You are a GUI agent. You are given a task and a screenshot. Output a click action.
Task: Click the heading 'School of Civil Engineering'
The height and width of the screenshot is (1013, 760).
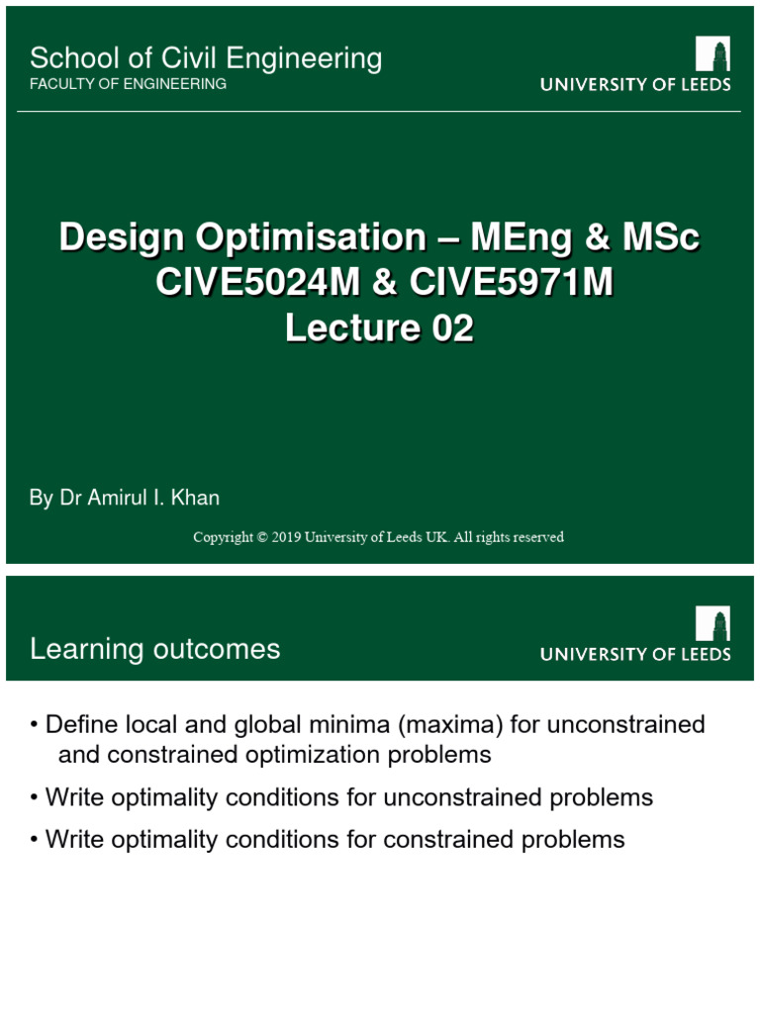[x=206, y=58]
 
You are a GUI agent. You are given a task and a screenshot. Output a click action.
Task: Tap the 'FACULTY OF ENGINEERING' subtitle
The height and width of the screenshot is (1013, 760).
[x=129, y=84]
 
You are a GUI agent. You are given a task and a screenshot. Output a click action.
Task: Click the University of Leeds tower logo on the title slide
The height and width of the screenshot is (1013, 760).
[x=712, y=55]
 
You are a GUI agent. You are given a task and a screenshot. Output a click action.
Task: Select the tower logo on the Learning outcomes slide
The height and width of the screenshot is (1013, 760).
[x=712, y=624]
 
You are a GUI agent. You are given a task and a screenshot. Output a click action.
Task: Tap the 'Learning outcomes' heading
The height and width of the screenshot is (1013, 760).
[x=155, y=649]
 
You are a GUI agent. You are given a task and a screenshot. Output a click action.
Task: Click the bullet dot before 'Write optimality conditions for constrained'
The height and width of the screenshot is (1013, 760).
[x=35, y=841]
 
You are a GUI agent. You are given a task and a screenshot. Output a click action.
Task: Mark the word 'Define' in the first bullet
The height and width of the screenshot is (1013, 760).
[x=81, y=725]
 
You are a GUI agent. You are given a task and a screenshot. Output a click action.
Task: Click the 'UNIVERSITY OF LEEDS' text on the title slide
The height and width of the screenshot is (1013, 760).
[x=635, y=85]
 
